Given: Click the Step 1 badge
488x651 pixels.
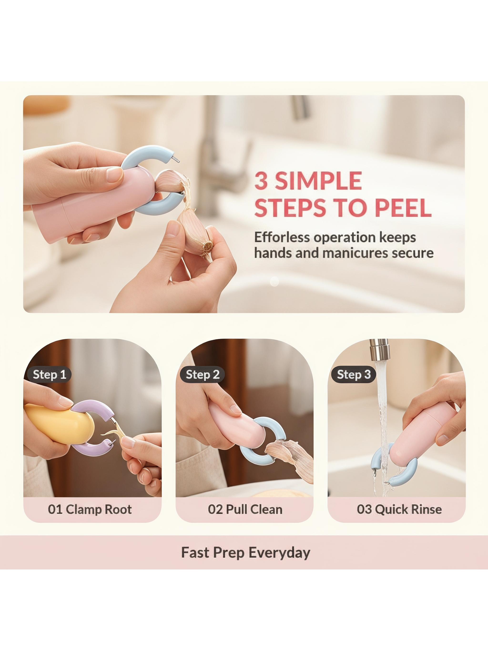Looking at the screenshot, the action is [x=49, y=374].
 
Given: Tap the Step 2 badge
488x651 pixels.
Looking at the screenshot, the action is [x=202, y=374].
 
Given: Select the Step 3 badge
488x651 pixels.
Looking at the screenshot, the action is [x=354, y=374].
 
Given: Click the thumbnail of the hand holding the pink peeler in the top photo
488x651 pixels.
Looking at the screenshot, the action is [x=115, y=177].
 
